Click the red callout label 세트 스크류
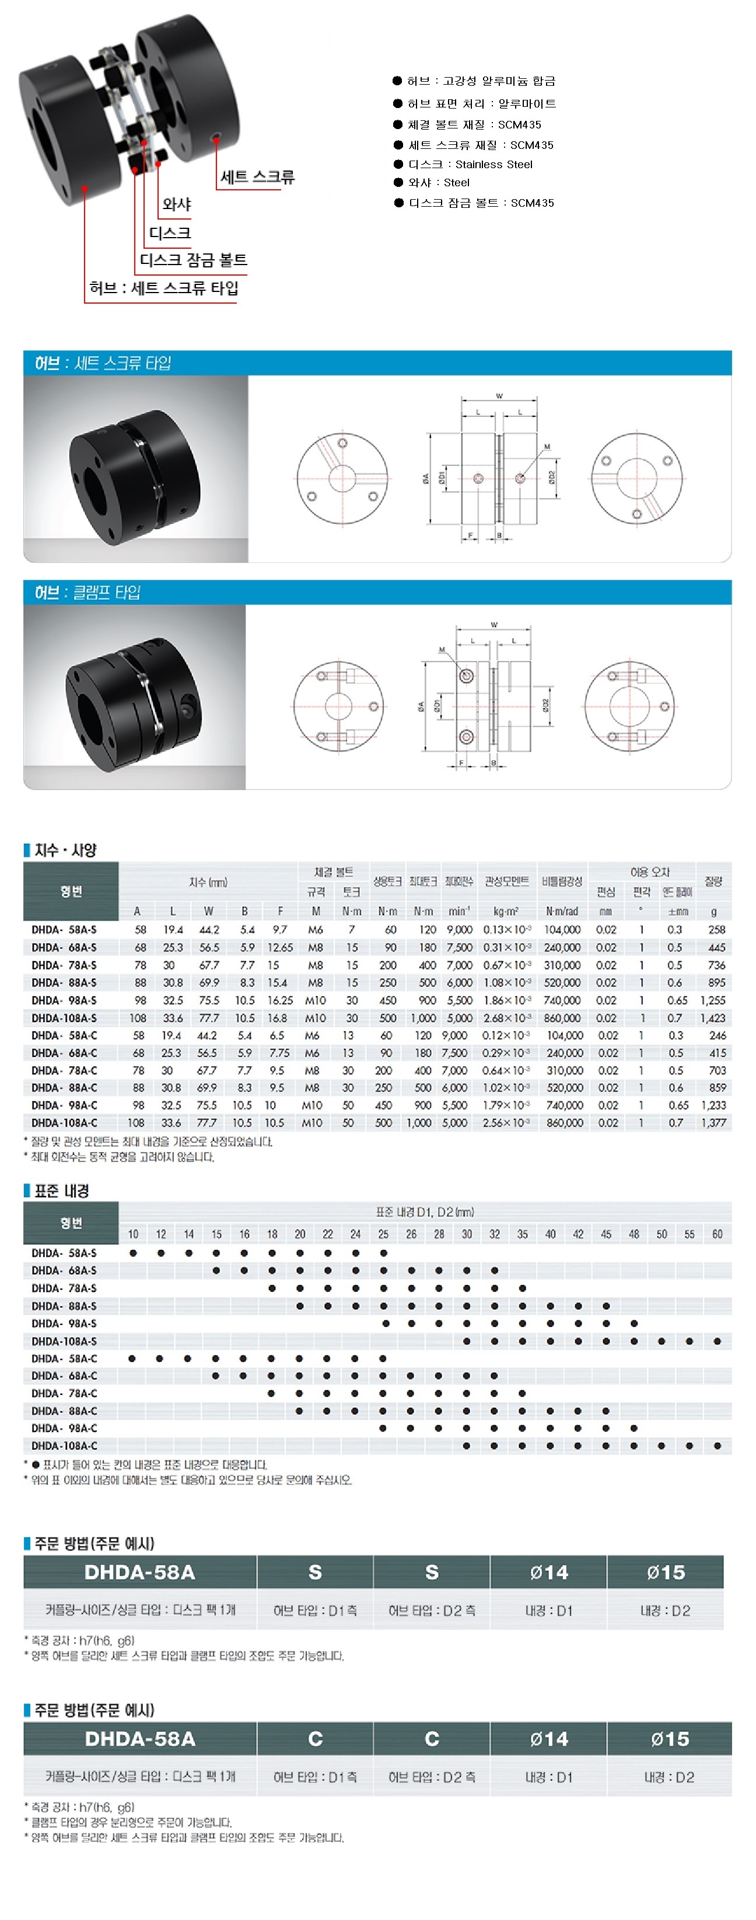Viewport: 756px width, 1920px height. (x=257, y=178)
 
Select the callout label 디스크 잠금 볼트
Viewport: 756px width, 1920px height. (x=193, y=260)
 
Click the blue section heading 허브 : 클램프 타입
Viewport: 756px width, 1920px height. (x=88, y=593)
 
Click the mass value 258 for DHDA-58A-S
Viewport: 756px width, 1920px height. (x=716, y=930)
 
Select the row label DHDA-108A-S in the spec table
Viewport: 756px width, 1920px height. (x=65, y=1018)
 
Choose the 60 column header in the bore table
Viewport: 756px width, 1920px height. (x=716, y=1234)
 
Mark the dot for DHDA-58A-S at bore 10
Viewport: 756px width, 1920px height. (x=134, y=1253)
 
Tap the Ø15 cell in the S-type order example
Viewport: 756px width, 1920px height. (x=665, y=1573)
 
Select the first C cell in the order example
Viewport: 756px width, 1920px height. (x=315, y=1739)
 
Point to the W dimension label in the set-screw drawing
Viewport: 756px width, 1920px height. (x=499, y=396)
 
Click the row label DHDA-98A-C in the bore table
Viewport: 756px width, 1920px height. (x=65, y=1428)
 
